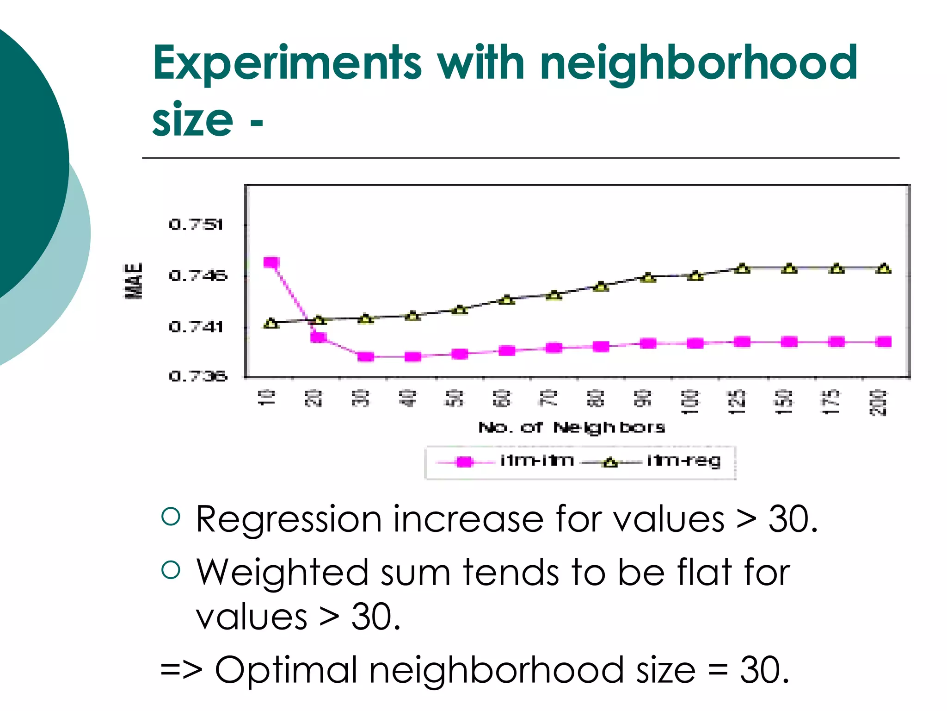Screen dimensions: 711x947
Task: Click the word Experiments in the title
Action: click(x=287, y=64)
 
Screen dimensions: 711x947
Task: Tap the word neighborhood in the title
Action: click(x=698, y=64)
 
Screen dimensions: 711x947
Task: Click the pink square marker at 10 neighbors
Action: click(x=271, y=263)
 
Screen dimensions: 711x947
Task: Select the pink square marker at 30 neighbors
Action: click(x=366, y=356)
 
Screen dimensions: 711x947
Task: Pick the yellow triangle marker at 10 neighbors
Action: click(x=271, y=323)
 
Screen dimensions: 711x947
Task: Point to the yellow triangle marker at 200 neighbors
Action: click(x=884, y=268)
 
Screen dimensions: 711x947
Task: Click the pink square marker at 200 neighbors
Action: click(x=884, y=342)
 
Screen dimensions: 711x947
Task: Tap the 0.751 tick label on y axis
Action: click(x=196, y=225)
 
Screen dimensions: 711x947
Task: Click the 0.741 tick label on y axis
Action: click(x=196, y=327)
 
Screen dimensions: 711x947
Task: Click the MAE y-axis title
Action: click(x=134, y=281)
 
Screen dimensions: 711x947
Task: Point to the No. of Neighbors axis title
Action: click(x=572, y=427)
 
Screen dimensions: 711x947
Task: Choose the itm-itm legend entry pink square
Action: click(x=464, y=462)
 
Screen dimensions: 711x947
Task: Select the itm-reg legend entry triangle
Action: click(x=610, y=462)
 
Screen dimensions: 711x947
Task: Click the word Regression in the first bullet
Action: click(x=289, y=519)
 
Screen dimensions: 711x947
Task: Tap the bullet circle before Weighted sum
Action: click(x=171, y=570)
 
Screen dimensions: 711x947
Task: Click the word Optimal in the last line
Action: click(x=286, y=670)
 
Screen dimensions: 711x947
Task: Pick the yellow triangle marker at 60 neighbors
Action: click(x=507, y=300)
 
